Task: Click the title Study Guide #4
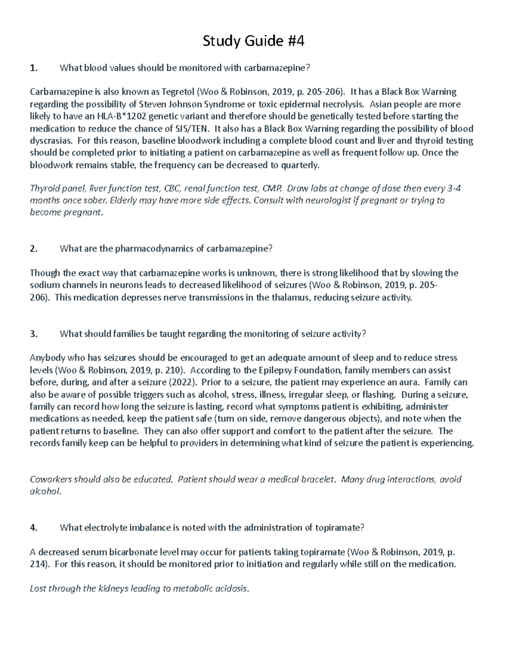point(253,41)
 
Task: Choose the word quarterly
point(301,165)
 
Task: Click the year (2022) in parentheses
point(183,383)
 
